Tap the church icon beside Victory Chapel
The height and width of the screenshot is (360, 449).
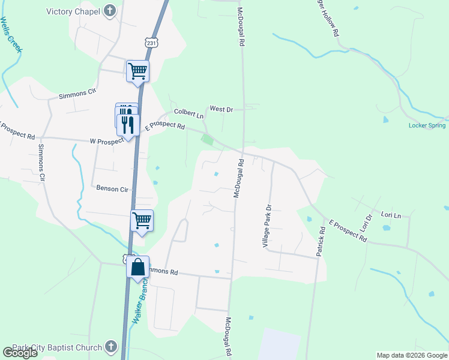[x=109, y=10]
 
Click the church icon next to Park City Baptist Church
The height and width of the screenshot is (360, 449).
[x=110, y=346]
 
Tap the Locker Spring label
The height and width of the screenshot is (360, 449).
[x=427, y=125]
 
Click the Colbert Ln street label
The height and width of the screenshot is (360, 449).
[x=189, y=112]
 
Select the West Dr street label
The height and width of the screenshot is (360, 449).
[x=221, y=109]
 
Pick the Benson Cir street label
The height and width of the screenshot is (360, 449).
[x=112, y=188]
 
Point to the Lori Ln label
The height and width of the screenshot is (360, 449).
[x=391, y=214]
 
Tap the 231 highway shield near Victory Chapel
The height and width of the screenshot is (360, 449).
[x=151, y=43]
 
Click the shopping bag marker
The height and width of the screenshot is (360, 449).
[x=137, y=268]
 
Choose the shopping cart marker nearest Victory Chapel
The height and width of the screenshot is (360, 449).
[x=137, y=71]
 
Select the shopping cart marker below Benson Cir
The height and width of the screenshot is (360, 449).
[x=142, y=220]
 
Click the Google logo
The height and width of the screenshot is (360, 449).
[x=20, y=353]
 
